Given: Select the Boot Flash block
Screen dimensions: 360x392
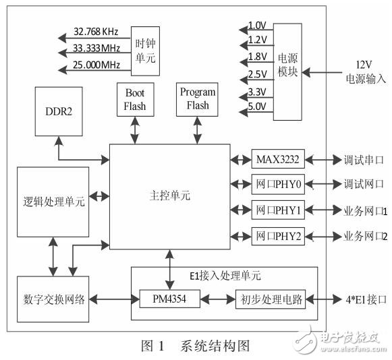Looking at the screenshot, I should [135, 99].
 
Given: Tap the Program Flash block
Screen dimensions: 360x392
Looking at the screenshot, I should [198, 98].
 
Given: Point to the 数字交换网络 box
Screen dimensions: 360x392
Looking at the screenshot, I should [53, 299].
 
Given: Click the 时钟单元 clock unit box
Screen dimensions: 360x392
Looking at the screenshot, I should [145, 51].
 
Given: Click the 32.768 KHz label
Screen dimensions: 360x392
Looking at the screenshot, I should [96, 32].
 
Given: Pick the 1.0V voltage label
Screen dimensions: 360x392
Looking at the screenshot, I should [257, 25].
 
